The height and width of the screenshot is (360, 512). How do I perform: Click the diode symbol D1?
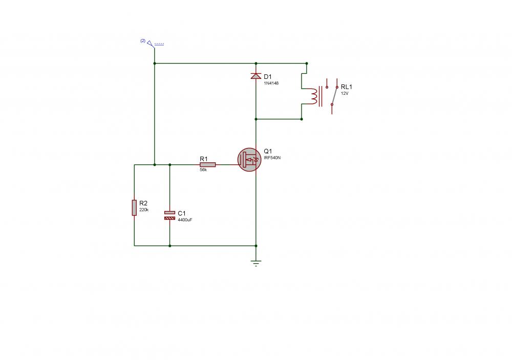click(256, 76)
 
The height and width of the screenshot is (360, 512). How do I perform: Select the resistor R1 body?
click(208, 165)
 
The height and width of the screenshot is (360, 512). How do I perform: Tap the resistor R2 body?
click(134, 208)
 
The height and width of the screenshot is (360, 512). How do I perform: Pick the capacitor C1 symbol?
click(170, 215)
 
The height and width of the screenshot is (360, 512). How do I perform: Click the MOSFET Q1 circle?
click(249, 160)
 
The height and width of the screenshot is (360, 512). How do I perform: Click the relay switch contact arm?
click(334, 96)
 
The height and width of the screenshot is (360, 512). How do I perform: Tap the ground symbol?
click(256, 263)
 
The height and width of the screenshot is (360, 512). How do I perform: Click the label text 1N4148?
click(271, 83)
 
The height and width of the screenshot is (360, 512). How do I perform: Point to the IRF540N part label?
click(272, 158)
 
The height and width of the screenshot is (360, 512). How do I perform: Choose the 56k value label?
click(203, 170)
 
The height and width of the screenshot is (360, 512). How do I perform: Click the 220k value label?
click(144, 210)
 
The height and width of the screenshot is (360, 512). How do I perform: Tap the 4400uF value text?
click(185, 220)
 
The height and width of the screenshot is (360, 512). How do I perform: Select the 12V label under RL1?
click(345, 93)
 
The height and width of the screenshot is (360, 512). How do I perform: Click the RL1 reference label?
click(347, 87)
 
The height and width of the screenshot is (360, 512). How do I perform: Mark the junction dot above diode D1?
click(256, 63)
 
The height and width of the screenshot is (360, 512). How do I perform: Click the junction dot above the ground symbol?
click(256, 246)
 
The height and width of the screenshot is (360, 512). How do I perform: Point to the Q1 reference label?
click(268, 151)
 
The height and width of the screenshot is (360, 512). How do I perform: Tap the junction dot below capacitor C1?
click(170, 246)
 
